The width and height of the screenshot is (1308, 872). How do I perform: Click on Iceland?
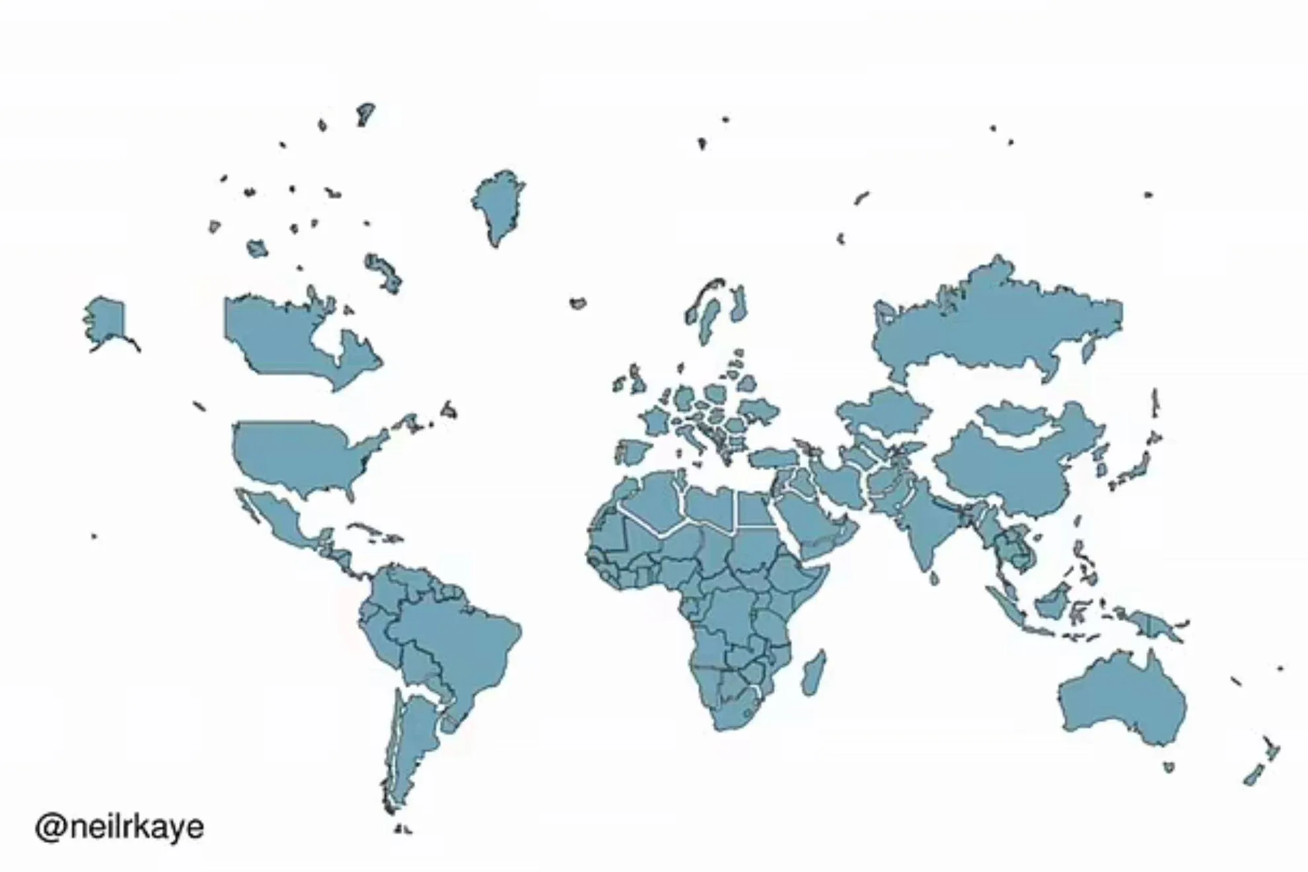[578, 303]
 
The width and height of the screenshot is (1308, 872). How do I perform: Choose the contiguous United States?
[297, 453]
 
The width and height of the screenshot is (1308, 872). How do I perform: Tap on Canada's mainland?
[277, 337]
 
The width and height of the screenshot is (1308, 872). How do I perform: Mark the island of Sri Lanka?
[934, 579]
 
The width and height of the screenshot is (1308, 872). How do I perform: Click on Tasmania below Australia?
[1169, 767]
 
